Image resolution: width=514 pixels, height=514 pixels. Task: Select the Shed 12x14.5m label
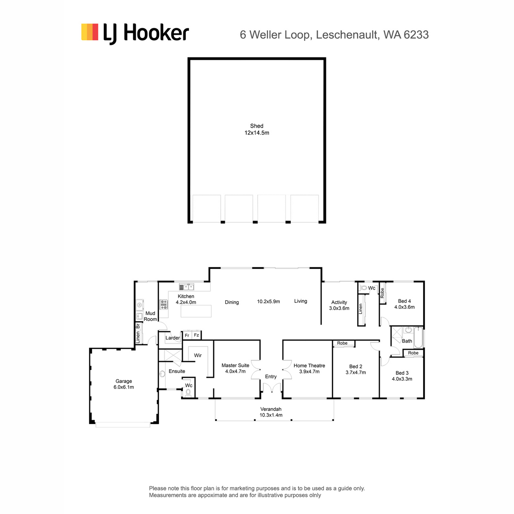tap(257, 129)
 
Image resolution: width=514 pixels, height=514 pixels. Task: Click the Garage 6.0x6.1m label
tap(123, 384)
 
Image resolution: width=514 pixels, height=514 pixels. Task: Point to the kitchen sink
tap(186, 287)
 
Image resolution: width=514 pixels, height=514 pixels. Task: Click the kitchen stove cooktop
tap(164, 305)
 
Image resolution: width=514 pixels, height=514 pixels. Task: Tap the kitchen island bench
tap(196, 311)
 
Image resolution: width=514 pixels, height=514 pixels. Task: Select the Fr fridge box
tap(187, 335)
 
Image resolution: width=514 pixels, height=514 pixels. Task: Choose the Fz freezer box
tap(196, 335)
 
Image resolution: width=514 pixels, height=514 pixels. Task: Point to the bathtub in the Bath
tap(418, 338)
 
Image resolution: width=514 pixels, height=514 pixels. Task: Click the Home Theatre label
tap(309, 365)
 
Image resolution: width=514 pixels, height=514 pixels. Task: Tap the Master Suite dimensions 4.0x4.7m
tap(235, 371)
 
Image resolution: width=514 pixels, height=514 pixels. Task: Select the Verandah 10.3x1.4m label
tap(271, 412)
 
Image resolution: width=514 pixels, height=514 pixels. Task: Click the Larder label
tap(173, 338)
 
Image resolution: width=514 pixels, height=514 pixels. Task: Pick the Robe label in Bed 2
tap(342, 343)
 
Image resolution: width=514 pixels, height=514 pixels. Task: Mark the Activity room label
tap(339, 302)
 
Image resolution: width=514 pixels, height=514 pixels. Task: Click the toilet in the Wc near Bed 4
tap(364, 288)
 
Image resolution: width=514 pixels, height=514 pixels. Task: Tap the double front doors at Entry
tap(272, 388)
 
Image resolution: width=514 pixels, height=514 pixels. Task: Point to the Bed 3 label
tap(402, 373)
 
